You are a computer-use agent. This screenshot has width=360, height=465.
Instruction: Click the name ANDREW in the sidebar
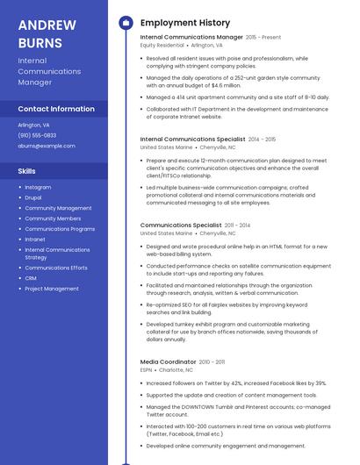pos(47,25)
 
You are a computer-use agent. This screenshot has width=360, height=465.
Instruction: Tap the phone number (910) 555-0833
pos(37,135)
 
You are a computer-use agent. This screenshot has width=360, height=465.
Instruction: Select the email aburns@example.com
pos(47,146)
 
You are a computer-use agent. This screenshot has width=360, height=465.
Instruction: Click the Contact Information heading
pos(56,109)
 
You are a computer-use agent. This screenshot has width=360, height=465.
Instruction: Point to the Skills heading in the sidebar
pos(27,170)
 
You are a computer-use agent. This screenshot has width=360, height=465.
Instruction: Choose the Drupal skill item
pos(33,197)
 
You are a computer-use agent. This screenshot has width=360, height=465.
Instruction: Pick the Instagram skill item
pos(38,187)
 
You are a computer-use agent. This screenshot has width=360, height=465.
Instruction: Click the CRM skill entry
pos(30,278)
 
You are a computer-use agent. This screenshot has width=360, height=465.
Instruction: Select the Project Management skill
pos(52,289)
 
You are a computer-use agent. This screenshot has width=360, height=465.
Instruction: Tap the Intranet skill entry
pos(35,239)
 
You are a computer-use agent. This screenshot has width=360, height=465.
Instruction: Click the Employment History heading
pos(185,23)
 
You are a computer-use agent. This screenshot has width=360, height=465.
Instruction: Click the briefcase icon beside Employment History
pos(126,23)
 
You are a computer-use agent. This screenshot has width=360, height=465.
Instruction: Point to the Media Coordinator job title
pos(168,361)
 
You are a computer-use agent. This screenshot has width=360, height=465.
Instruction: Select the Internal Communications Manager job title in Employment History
pos(191,38)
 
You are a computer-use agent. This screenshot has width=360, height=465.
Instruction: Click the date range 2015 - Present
pos(263,38)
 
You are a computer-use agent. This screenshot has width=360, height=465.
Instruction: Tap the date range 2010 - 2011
pos(212,361)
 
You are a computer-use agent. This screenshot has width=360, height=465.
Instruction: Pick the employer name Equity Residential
pos(162,45)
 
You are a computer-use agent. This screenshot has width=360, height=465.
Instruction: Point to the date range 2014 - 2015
pos(262,139)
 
